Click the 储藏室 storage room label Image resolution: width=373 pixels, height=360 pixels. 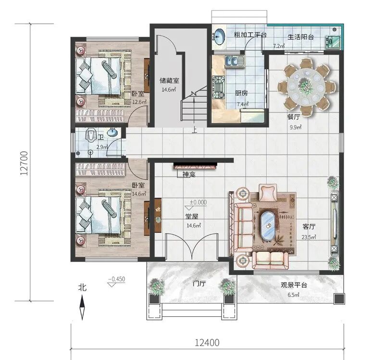click(169, 81)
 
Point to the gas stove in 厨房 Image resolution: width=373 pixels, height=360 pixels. click(218, 87)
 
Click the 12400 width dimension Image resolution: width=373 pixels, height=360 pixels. click(207, 343)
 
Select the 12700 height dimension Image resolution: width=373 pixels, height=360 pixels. click(24, 163)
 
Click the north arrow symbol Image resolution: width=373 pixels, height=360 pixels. click(82, 307)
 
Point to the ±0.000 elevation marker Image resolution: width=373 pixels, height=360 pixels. click(198, 202)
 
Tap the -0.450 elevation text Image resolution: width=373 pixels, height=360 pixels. click(116, 279)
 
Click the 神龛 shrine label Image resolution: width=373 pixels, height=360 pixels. click(189, 174)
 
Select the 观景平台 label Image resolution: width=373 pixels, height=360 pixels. click(294, 285)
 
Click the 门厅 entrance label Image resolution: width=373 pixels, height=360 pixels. click(199, 284)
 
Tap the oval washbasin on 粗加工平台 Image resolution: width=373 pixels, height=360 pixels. click(219, 37)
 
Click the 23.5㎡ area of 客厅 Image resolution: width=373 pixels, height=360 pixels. click(309, 237)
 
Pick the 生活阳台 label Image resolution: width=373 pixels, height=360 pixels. click(301, 37)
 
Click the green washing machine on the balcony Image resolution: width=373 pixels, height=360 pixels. click(333, 42)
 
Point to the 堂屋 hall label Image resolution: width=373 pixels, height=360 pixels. click(192, 216)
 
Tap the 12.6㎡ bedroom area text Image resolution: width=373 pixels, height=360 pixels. click(139, 102)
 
